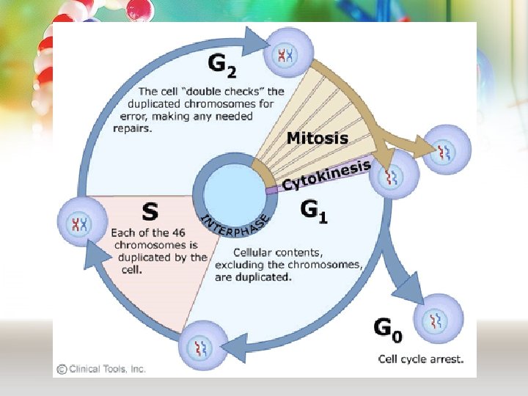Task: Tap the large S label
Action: pos(150,213)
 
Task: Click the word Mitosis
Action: pos(318,137)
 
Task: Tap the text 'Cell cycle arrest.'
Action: pos(420,359)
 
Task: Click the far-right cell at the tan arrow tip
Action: pos(446,150)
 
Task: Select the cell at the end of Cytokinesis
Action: pos(394,177)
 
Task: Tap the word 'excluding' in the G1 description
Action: pos(238,265)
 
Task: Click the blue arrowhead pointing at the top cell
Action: pos(256,39)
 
